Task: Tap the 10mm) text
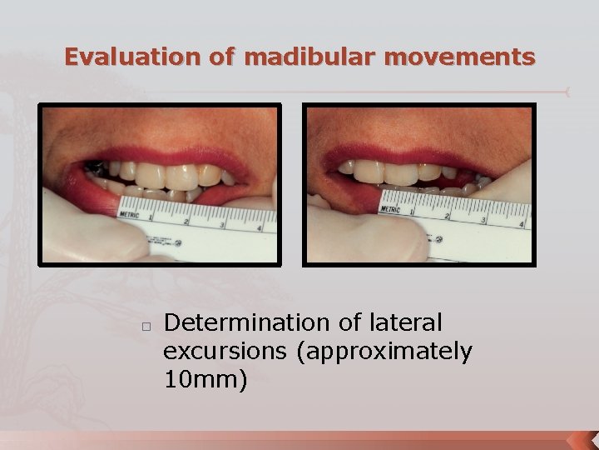click(205, 380)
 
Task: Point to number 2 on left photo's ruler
click(186, 222)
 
